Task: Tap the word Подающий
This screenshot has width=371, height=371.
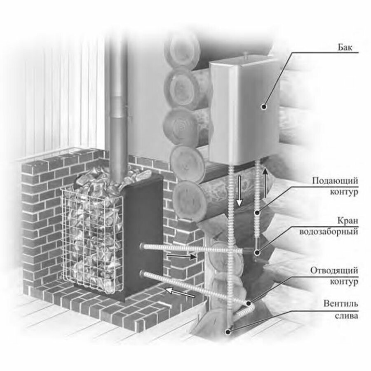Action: (335, 181)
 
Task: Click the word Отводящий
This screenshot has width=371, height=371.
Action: (333, 270)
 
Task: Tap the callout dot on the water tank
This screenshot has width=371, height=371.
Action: (264, 106)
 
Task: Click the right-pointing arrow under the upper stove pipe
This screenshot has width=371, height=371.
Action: (181, 256)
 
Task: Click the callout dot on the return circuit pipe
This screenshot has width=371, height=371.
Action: (249, 303)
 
